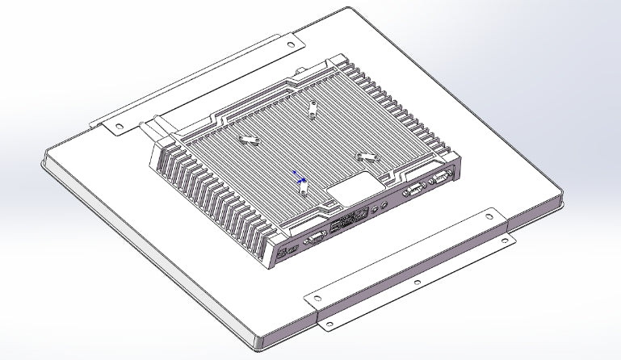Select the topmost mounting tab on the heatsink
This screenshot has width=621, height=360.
(313, 107)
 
